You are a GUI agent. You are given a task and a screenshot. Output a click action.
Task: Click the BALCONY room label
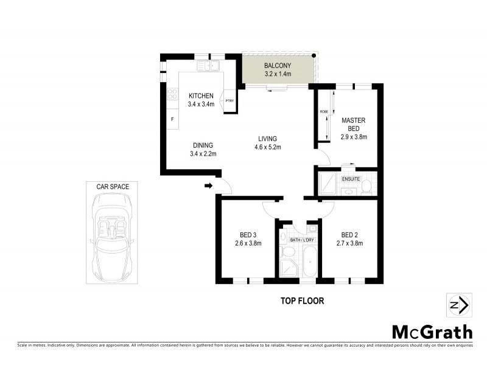pos(278,66)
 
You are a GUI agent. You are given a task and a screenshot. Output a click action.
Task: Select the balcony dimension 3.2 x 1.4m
pos(278,74)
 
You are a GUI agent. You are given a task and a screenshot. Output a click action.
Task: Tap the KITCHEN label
pos(201,96)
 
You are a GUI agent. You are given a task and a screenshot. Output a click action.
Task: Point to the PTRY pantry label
pos(229,100)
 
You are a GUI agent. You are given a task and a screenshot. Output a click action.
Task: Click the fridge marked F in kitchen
pos(172,119)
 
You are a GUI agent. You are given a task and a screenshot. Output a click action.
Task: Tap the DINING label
pos(203,145)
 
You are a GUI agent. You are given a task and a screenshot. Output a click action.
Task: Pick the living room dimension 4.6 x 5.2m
pos(267,147)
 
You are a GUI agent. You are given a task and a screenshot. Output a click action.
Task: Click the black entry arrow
pos(208,186)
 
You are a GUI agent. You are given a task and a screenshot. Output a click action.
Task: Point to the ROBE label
pos(323,112)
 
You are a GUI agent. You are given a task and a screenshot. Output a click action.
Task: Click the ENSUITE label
pos(351,179)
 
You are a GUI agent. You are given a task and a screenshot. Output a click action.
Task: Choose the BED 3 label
pos(247,235)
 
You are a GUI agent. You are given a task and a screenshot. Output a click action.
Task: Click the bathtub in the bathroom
pos(309,262)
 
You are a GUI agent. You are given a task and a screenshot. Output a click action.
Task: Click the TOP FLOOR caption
pos(302,301)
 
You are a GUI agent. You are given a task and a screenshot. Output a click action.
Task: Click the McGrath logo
pos(432,332)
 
